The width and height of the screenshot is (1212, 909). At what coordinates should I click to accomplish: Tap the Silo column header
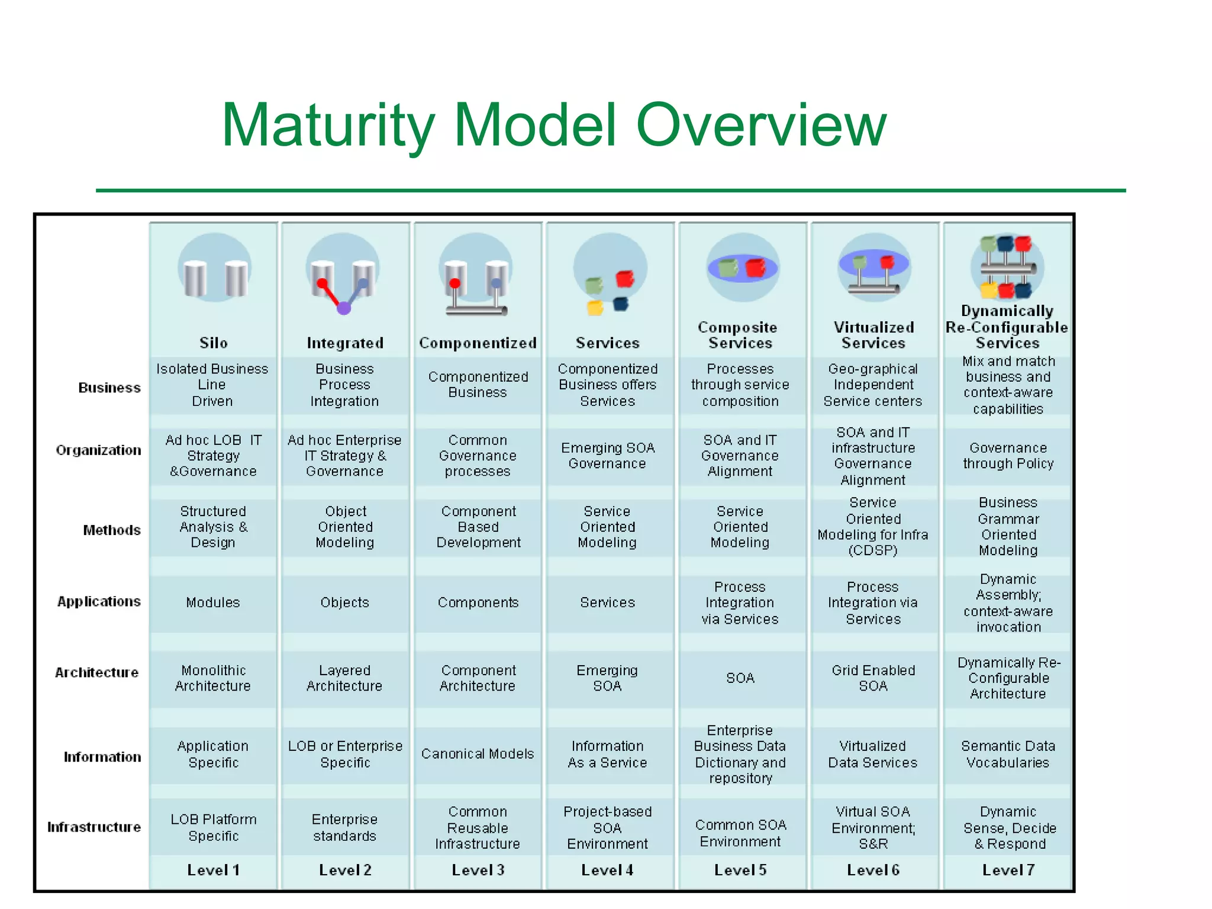pyautogui.click(x=213, y=343)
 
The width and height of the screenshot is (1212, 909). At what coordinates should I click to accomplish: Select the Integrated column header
pyautogui.click(x=345, y=343)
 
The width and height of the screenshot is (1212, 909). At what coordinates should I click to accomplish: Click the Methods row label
pyautogui.click(x=112, y=530)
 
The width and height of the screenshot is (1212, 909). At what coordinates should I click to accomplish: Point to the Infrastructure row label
pyautogui.click(x=94, y=827)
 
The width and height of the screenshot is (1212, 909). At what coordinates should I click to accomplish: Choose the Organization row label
pyautogui.click(x=99, y=450)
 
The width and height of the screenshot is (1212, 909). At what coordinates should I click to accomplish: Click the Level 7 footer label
pyautogui.click(x=1008, y=870)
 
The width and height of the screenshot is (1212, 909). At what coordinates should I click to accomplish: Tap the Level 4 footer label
pyautogui.click(x=607, y=870)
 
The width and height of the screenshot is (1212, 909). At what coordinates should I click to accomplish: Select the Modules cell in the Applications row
pyautogui.click(x=213, y=602)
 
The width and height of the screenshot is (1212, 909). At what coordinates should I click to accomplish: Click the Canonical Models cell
pyautogui.click(x=478, y=754)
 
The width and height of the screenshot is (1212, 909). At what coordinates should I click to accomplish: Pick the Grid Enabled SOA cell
pyautogui.click(x=873, y=678)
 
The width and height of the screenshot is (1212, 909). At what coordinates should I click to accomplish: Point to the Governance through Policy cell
pyautogui.click(x=1008, y=456)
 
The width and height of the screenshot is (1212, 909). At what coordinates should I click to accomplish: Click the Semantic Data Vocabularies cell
pyautogui.click(x=1008, y=754)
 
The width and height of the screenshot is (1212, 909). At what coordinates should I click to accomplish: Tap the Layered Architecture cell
pyautogui.click(x=345, y=678)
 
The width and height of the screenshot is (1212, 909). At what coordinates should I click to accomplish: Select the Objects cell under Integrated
pyautogui.click(x=345, y=602)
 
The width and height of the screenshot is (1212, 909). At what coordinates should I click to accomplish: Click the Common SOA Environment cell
pyautogui.click(x=740, y=833)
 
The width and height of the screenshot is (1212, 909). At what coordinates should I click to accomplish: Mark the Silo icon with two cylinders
pyautogui.click(x=214, y=269)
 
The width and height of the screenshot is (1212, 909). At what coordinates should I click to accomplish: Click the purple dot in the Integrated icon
pyautogui.click(x=344, y=308)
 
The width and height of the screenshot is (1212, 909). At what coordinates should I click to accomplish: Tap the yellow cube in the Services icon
pyautogui.click(x=595, y=308)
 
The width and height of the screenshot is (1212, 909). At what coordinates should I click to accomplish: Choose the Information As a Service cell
pyautogui.click(x=607, y=754)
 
